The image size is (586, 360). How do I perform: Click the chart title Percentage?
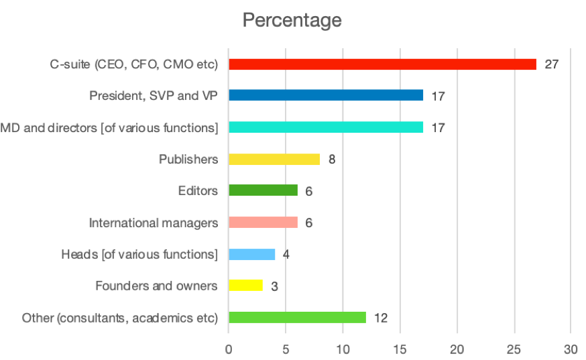[x=292, y=20]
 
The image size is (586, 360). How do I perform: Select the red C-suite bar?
[x=382, y=64]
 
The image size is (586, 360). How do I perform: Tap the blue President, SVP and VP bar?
[x=326, y=95]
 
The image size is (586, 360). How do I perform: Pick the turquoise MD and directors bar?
[x=326, y=127]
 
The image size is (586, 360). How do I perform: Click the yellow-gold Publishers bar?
[x=274, y=159]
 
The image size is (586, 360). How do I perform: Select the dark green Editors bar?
[x=263, y=190]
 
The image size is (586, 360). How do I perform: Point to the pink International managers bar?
[x=263, y=223]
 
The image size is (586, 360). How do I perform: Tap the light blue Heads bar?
[x=251, y=254]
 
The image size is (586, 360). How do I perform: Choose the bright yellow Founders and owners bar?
[x=245, y=286]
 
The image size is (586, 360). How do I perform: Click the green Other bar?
[x=297, y=318]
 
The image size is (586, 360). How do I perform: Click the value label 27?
[x=551, y=65]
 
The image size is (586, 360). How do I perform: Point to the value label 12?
[x=380, y=318]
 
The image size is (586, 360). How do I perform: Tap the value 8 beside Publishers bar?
[x=332, y=160]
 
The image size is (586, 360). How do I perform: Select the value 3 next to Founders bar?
[x=274, y=286]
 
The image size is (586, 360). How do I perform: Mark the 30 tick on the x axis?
[x=571, y=349]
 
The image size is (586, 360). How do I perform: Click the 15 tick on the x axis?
[x=400, y=349]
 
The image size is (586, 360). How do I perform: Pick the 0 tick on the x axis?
[x=229, y=349]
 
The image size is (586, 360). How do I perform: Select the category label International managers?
[x=154, y=223]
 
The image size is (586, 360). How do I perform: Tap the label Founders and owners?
[x=156, y=286]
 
